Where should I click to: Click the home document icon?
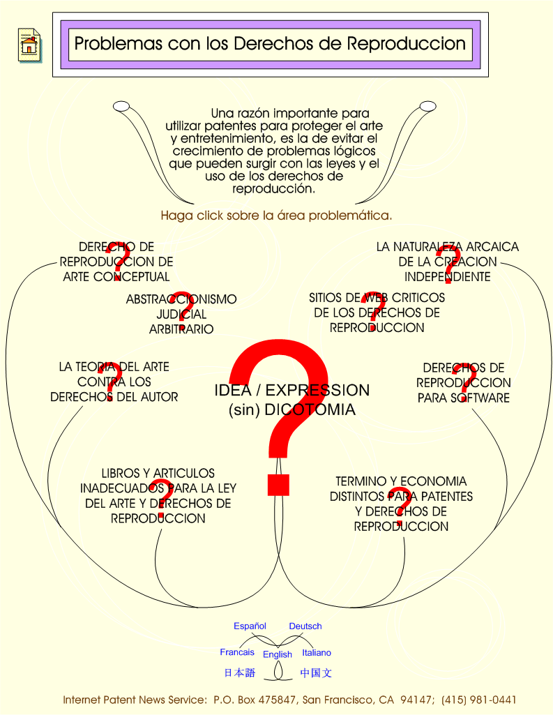29,45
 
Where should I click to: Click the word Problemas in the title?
118,44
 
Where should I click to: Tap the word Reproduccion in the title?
406,44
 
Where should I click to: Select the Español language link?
250,626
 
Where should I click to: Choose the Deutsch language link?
305,626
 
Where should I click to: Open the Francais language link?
237,652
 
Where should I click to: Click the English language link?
277,654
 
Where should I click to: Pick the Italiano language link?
317,652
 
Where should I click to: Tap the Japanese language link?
240,672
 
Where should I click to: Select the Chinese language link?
316,672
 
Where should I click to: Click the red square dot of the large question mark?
278,485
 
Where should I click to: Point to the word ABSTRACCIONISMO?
181,299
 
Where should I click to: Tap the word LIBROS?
119,474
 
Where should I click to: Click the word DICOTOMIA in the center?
310,409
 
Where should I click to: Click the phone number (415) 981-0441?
478,700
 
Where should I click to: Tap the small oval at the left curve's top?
121,107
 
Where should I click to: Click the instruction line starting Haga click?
276,216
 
